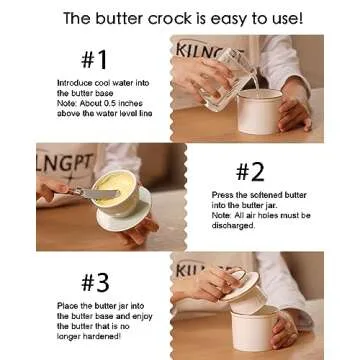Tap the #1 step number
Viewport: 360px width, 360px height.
click(94, 60)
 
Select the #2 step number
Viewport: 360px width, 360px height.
click(250, 172)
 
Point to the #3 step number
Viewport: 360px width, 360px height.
click(95, 283)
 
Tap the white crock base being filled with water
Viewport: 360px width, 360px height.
click(259, 111)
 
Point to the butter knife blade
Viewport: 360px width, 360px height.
click(99, 193)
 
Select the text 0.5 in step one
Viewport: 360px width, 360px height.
click(112, 103)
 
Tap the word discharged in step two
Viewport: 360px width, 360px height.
click(233, 225)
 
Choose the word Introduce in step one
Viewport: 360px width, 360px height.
click(73, 83)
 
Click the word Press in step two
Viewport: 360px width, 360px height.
click(221, 195)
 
